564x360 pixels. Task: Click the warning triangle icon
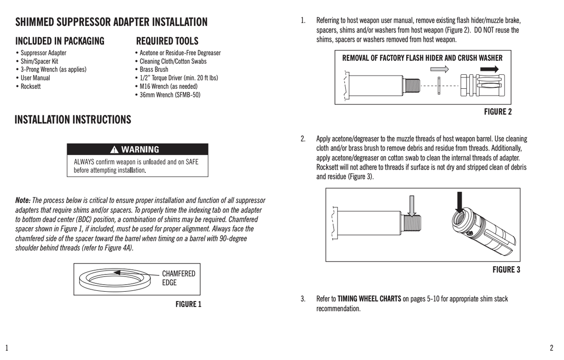115,150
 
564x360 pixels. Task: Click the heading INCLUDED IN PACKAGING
59,41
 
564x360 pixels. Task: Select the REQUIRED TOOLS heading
167,41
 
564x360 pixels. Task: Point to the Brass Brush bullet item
154,70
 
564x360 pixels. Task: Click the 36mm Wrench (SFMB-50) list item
170,95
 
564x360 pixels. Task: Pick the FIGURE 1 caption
188,305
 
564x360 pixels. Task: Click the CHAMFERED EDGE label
178,278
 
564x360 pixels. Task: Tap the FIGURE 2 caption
498,112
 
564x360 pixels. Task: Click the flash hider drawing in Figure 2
483,85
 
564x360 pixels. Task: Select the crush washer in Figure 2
439,86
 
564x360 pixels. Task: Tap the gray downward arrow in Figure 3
411,205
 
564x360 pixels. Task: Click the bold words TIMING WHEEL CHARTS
369,299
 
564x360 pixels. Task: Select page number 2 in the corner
551,348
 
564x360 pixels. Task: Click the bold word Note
23,201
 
